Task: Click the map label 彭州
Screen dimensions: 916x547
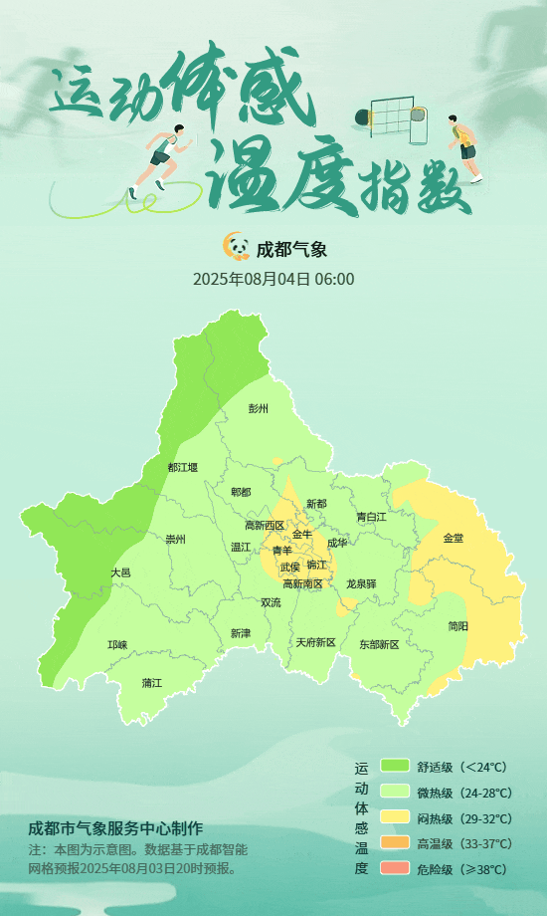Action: click(259, 408)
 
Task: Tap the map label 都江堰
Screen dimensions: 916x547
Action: click(182, 467)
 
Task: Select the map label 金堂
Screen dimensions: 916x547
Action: click(453, 538)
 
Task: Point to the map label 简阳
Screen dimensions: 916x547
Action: click(457, 626)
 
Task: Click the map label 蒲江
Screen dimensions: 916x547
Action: click(151, 683)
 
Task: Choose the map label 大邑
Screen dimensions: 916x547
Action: click(120, 572)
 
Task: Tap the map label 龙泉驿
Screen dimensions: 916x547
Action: click(361, 583)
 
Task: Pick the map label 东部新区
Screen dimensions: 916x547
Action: click(378, 644)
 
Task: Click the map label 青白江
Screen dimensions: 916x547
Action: click(371, 517)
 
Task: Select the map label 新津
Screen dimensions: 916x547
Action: click(240, 633)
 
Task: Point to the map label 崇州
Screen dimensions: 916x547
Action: click(175, 540)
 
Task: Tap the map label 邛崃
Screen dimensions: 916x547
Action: click(117, 645)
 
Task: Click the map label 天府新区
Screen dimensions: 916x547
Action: click(315, 642)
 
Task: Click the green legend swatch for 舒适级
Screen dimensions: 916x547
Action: click(395, 767)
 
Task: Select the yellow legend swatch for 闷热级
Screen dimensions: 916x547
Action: click(395, 818)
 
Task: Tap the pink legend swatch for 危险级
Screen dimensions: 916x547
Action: click(395, 869)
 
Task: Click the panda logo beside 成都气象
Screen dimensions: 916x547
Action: click(236, 246)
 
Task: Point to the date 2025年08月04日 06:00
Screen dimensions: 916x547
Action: click(273, 279)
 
